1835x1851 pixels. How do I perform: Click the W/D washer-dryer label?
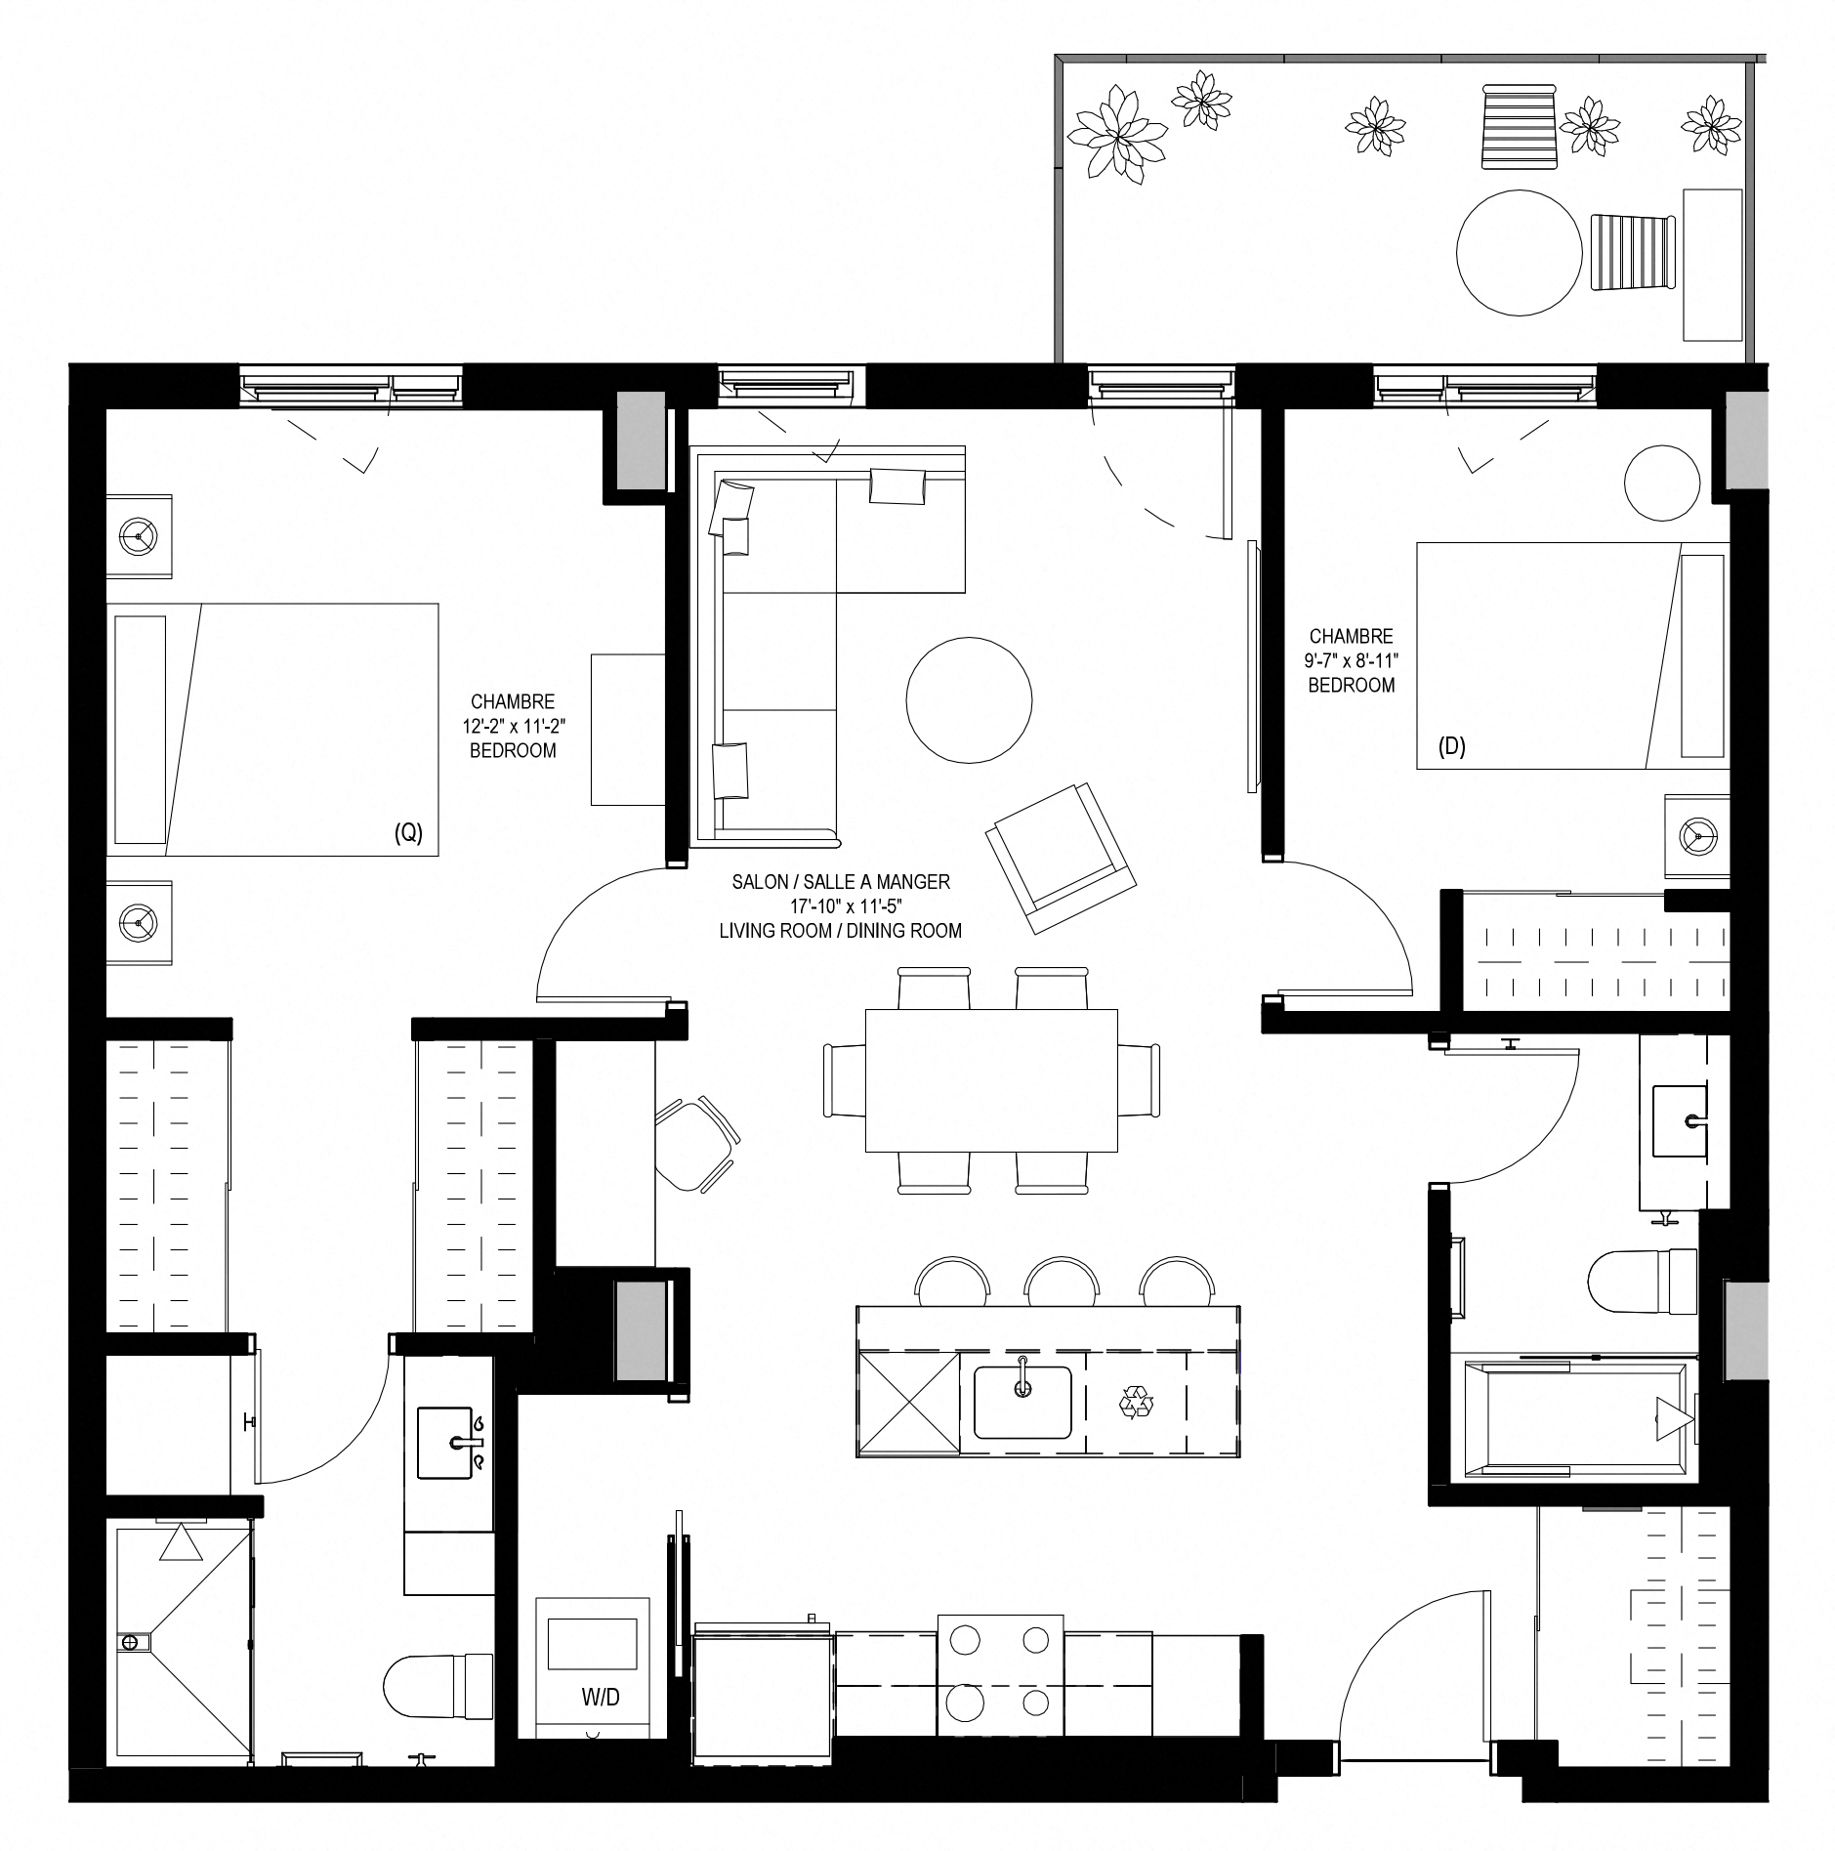pos(601,1698)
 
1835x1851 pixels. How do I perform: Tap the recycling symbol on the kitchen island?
pos(1136,1405)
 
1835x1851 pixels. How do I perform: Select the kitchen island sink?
pos(1022,1401)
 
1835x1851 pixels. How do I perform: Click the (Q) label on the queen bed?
pos(408,833)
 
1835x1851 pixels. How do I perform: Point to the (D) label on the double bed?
pos(1452,747)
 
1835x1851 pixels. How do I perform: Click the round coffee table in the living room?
pos(969,699)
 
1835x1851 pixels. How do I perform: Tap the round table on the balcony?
pos(1519,252)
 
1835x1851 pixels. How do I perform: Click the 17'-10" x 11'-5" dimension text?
pos(841,905)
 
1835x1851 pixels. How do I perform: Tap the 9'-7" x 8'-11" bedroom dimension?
pos(1352,660)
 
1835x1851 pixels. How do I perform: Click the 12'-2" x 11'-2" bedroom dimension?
pos(513,726)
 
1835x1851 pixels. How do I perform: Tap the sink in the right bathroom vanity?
pos(1680,1119)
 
